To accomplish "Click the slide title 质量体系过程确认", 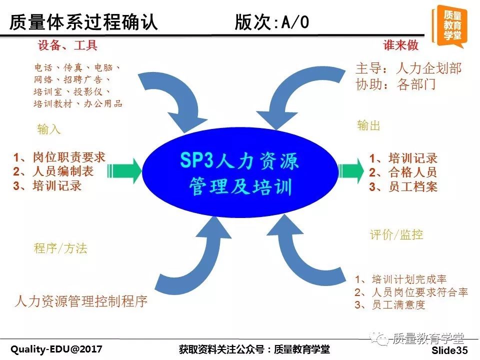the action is click(x=83, y=22).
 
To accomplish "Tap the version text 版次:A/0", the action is click(x=272, y=22).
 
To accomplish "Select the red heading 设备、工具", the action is click(x=67, y=45).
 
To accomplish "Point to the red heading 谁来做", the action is click(x=400, y=45).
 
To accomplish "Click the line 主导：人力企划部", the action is click(x=408, y=68).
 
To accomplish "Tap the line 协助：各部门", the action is click(x=395, y=84).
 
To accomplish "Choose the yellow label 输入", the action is click(x=49, y=129).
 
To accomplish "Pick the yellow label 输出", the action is click(x=368, y=125).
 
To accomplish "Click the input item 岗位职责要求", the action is click(x=69, y=157).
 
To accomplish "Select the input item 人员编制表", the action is click(x=63, y=171).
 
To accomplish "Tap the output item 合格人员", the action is click(x=413, y=172).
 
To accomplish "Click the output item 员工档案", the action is click(x=413, y=186).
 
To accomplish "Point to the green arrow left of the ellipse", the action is click(x=124, y=171).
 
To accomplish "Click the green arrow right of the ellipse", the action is click(x=351, y=171).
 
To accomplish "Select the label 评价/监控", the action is click(x=396, y=235).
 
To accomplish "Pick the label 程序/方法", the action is click(x=60, y=248).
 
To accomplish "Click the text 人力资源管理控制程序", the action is click(x=81, y=301).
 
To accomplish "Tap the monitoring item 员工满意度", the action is click(x=398, y=305).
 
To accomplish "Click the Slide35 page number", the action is click(x=449, y=350).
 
